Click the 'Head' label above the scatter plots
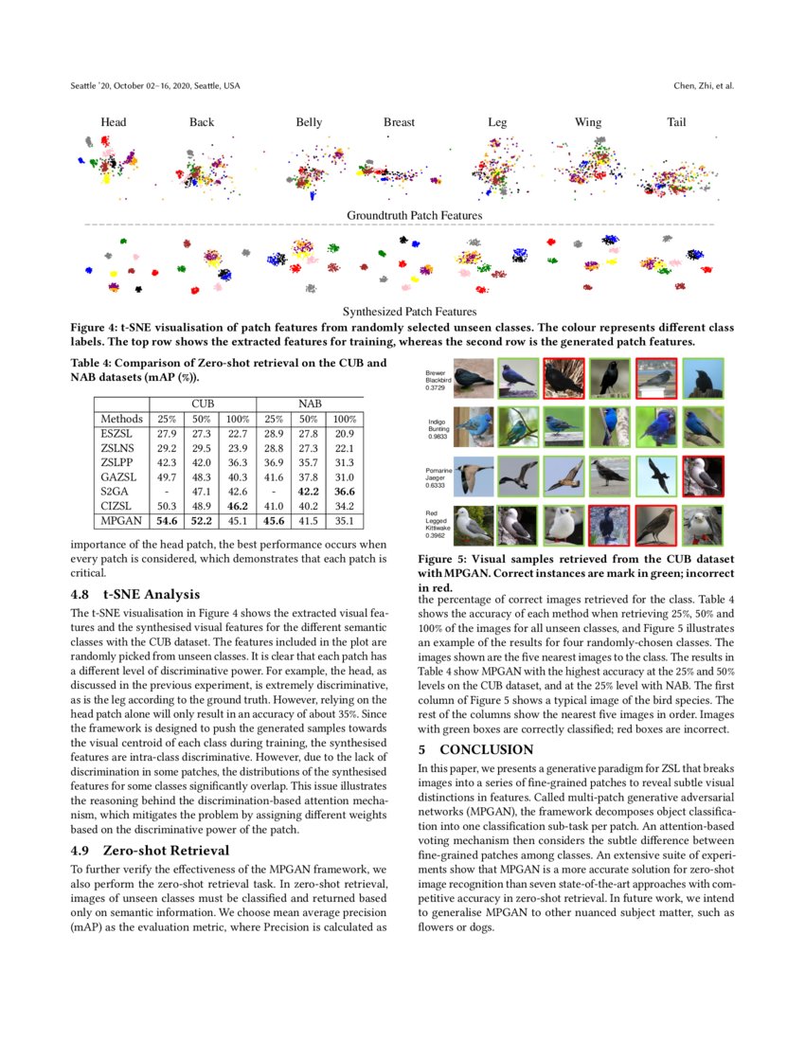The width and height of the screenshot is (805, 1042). point(114,122)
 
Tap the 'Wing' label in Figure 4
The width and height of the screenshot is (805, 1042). point(587,122)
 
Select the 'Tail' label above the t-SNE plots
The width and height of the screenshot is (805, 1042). point(676,122)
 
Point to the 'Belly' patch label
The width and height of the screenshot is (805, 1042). point(309,122)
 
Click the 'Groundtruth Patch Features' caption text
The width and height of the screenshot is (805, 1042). point(414,216)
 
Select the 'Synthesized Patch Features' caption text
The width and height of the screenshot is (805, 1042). point(409,311)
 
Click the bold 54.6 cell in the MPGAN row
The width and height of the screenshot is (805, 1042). point(168,520)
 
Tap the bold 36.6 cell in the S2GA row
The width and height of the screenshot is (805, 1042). point(345,492)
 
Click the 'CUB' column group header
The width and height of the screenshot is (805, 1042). point(202,404)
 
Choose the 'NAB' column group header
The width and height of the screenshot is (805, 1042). point(310,404)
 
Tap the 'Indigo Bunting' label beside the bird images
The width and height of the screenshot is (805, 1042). point(437,428)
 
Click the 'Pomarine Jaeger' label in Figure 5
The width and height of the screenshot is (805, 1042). point(438,476)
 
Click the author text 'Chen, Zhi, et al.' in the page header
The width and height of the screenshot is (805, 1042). point(703,86)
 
